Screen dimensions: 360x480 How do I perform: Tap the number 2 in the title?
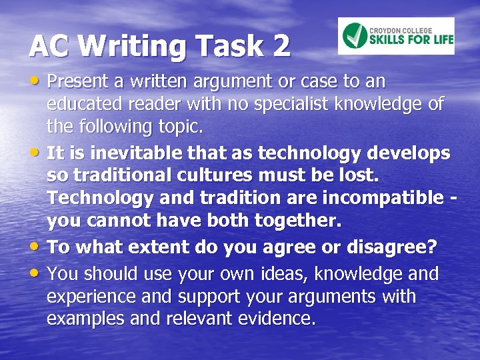[281, 46]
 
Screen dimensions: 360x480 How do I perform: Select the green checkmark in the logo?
[355, 35]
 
